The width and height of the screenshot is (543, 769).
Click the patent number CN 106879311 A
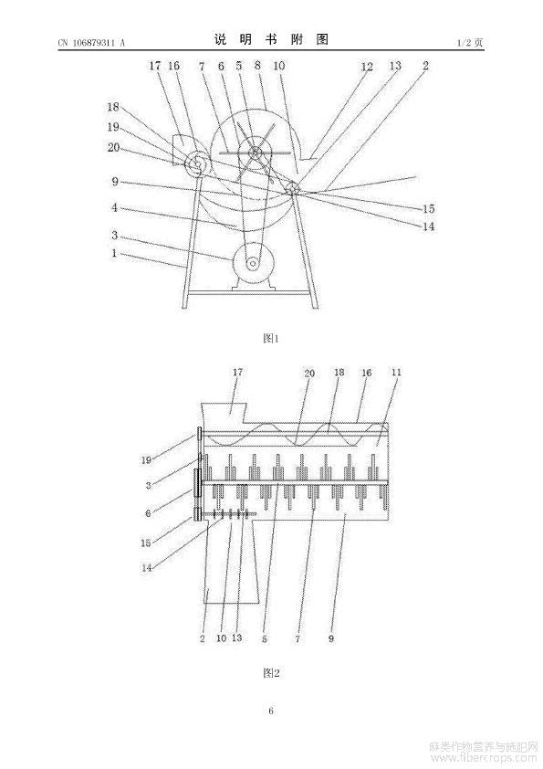91,43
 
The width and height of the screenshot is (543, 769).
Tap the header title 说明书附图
271,39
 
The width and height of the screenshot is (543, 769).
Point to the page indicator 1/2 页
470,43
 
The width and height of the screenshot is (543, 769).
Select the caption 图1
271,338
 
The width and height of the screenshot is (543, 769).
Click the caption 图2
271,673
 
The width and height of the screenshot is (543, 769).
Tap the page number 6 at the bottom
271,711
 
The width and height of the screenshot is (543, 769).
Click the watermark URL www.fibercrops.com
483,759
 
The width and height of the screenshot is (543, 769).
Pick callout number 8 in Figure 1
257,65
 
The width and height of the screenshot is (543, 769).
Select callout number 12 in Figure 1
367,67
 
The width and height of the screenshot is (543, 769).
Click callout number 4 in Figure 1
114,207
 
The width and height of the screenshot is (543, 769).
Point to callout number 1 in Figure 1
114,253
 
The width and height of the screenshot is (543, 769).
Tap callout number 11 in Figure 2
396,373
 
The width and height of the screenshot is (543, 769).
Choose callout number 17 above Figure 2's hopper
237,373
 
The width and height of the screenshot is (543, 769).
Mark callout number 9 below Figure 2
331,638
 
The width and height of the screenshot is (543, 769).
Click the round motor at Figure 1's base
253,264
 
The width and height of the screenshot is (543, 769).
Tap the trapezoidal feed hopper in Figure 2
224,413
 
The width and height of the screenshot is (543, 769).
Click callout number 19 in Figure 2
147,460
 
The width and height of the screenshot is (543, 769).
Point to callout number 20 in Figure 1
114,147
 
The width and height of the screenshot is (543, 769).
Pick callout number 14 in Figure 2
147,568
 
